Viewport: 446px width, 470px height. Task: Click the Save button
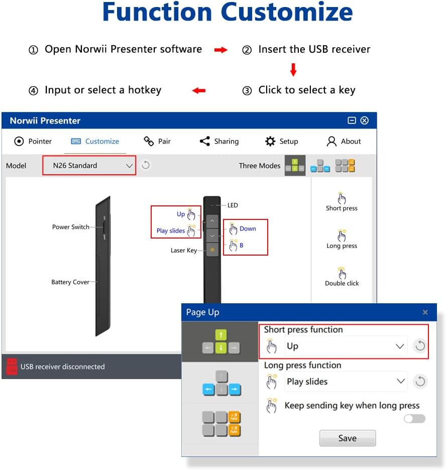(x=348, y=438)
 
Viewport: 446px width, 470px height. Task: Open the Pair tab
(x=157, y=141)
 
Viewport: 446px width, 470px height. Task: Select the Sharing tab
(x=219, y=141)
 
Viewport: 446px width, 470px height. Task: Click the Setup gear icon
(x=270, y=141)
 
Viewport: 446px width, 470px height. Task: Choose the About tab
(x=344, y=141)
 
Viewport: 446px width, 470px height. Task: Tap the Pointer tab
(x=33, y=141)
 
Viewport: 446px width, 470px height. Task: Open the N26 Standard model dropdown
(x=89, y=165)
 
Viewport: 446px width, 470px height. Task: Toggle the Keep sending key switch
(x=414, y=419)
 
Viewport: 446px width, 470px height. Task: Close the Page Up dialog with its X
(x=425, y=312)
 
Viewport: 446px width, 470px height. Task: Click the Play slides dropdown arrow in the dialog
(x=401, y=381)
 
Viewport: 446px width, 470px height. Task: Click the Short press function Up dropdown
(x=346, y=346)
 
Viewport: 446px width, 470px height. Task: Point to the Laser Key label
(x=184, y=250)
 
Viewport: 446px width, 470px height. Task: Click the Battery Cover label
(x=70, y=282)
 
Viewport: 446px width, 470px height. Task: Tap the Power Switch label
(x=71, y=227)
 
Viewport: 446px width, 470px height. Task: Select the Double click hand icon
(x=342, y=273)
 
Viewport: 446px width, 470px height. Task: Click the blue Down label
(x=248, y=228)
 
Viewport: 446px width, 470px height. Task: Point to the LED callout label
(x=233, y=205)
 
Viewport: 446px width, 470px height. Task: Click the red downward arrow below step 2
(x=293, y=70)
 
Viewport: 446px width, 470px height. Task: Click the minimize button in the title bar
(x=352, y=121)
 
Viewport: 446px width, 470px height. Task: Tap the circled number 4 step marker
(x=33, y=90)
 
